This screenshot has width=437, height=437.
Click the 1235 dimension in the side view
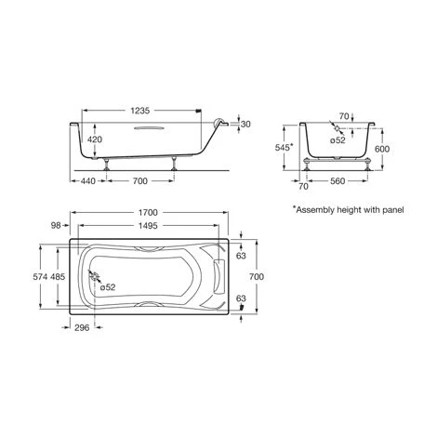pos(140,111)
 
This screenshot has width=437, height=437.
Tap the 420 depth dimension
pos(95,139)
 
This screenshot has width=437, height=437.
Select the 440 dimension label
pos(88,181)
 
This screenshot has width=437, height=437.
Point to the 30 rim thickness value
pos(245,124)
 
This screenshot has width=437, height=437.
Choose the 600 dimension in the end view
pos(382,149)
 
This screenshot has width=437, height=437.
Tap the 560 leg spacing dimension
pos(338,181)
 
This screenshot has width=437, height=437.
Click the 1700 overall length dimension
pos(148,213)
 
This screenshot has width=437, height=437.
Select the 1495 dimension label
pos(148,226)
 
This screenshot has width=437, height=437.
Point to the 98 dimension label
pos(56,226)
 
